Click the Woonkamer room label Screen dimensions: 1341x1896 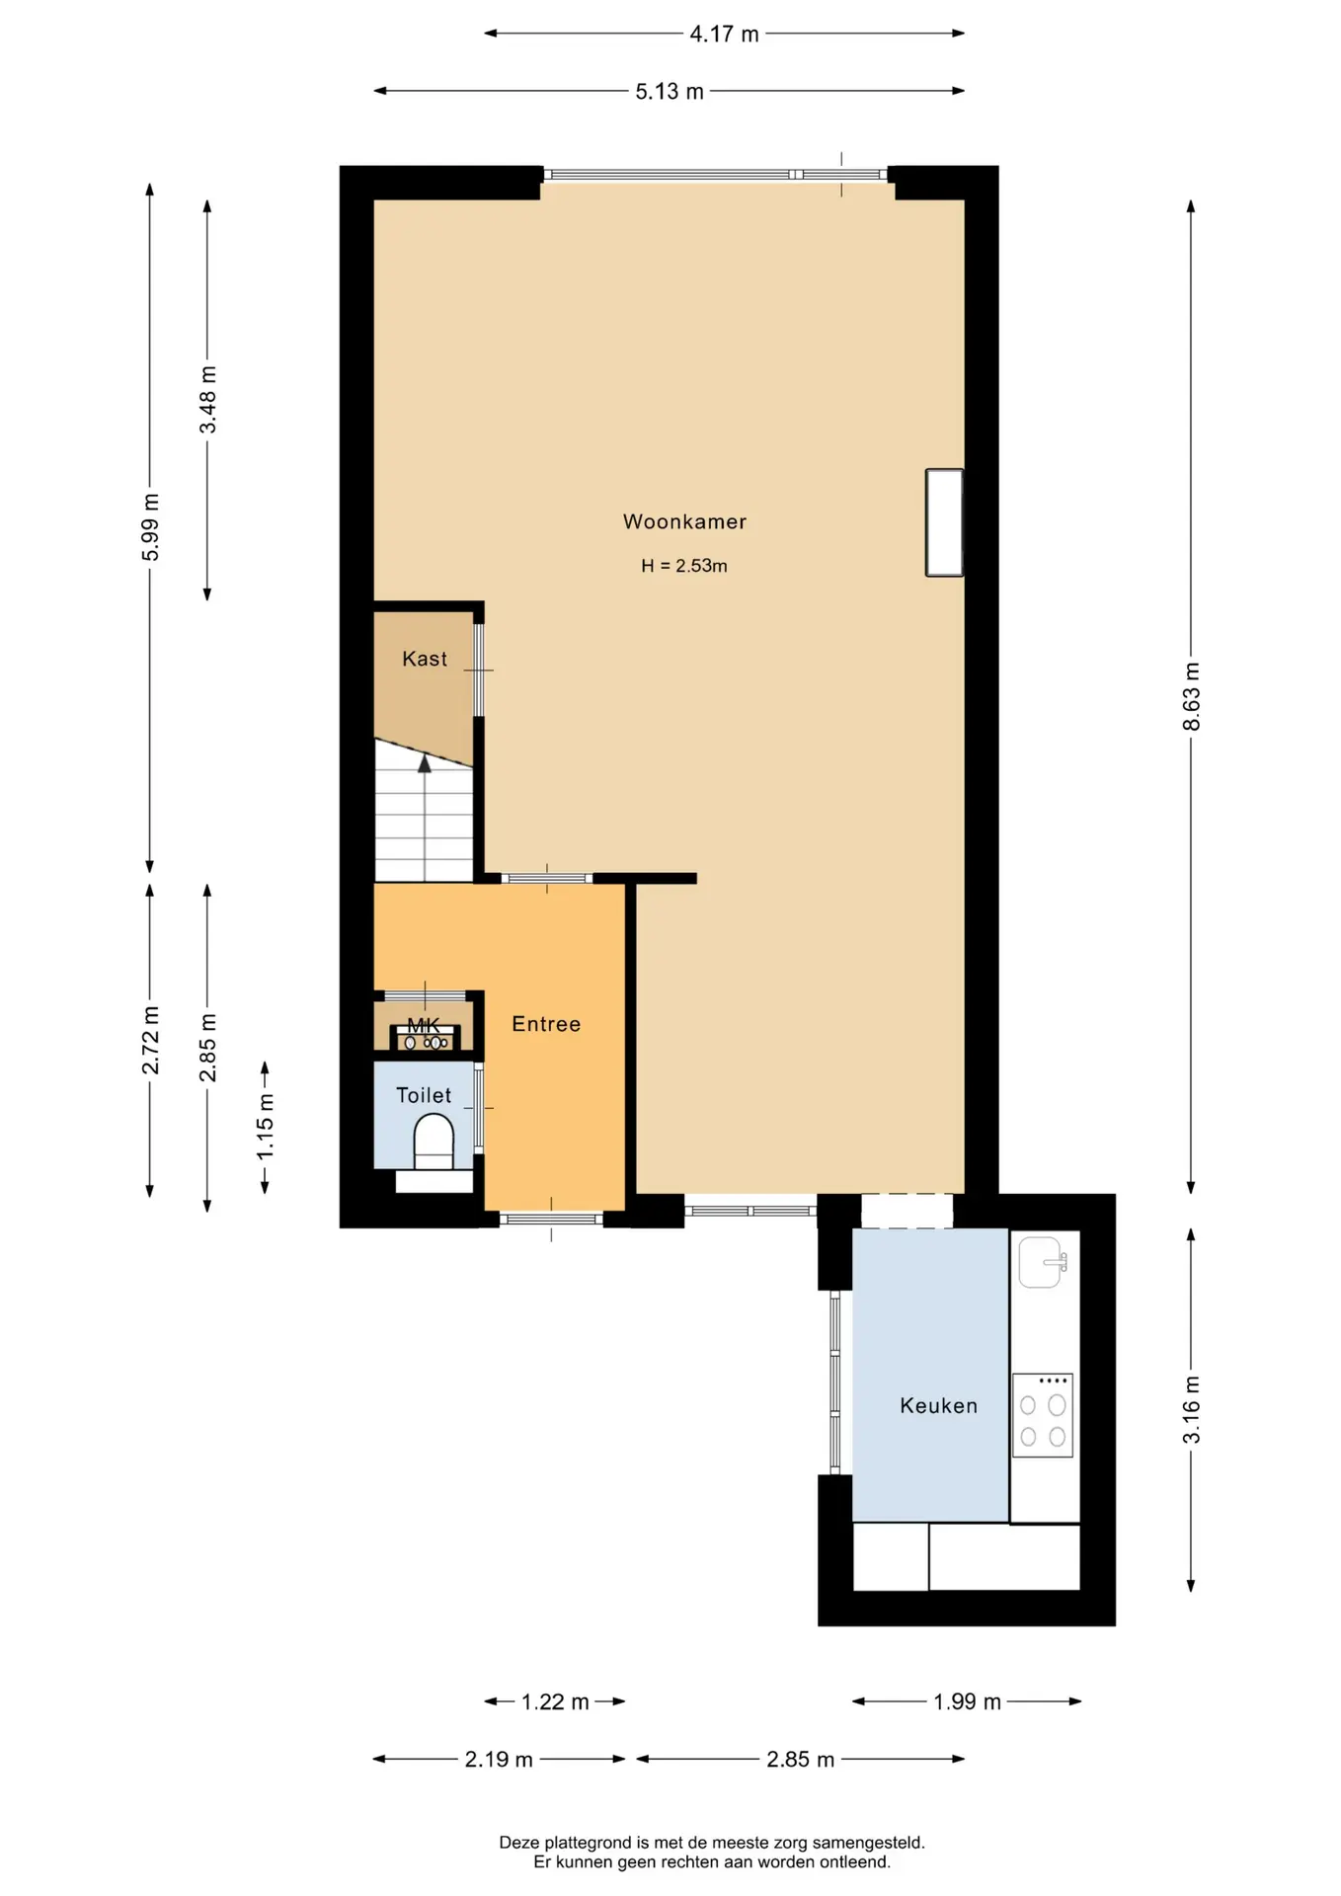[684, 521]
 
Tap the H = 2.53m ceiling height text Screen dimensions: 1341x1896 [684, 566]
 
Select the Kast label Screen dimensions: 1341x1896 [425, 659]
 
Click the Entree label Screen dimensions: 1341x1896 [546, 1024]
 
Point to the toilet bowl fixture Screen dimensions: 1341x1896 [434, 1142]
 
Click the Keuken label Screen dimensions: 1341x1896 [938, 1405]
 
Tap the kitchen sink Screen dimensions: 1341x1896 [1043, 1262]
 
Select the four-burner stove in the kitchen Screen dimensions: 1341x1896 [1043, 1415]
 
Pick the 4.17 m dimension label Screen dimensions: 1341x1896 [724, 34]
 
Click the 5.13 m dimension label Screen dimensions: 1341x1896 [670, 91]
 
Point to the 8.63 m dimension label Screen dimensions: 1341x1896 [1191, 696]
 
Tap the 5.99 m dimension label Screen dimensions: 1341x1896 [150, 526]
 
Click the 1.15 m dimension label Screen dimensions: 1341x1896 [265, 1128]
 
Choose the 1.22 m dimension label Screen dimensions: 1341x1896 [555, 1701]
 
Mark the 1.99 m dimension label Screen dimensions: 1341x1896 [967, 1701]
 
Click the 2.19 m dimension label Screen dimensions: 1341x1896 [499, 1759]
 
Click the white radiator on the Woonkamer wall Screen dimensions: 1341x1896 [944, 522]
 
